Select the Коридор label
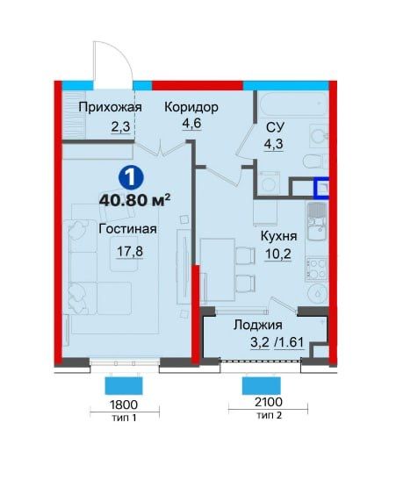[191, 108]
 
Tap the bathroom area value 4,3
[275, 146]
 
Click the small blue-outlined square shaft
[324, 188]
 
